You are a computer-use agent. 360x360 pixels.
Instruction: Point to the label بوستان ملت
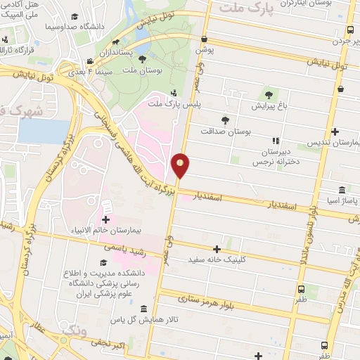pyautogui.click(x=158, y=71)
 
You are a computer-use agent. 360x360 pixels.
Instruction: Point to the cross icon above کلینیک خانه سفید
pyautogui.click(x=217, y=248)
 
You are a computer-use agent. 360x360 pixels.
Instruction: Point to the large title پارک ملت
pyautogui.click(x=253, y=8)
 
